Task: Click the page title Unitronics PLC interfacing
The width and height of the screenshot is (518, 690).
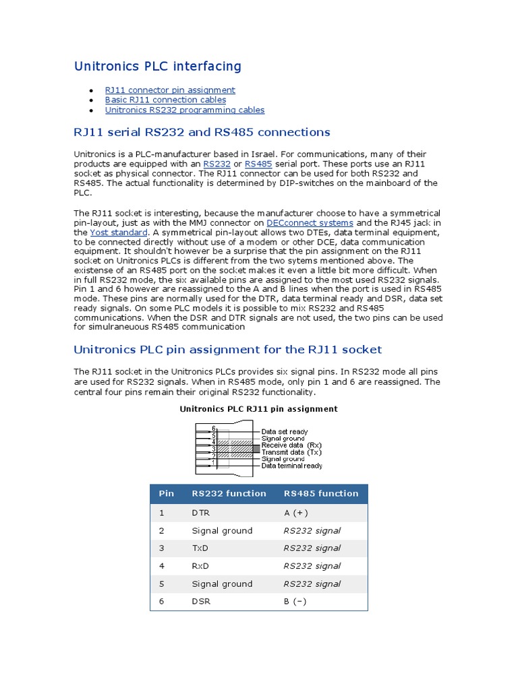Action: [x=157, y=66]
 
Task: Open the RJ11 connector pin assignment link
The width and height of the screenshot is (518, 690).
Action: [x=170, y=90]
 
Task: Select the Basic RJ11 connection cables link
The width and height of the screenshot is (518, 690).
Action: [x=165, y=100]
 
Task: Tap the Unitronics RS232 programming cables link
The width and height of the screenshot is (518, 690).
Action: [x=184, y=110]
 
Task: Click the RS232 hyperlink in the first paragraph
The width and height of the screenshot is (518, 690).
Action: [x=217, y=164]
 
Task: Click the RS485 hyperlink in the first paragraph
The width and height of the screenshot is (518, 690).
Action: [x=258, y=164]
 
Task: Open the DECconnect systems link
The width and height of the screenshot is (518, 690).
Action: [x=310, y=222]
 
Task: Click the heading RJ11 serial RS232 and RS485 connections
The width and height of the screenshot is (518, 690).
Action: [x=202, y=131]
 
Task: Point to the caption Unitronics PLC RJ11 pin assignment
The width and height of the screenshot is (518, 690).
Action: [x=258, y=409]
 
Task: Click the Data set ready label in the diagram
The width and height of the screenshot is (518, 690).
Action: [x=285, y=432]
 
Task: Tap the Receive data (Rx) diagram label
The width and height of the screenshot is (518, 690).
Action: [x=291, y=445]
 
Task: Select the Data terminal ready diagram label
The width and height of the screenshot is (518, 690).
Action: [x=291, y=466]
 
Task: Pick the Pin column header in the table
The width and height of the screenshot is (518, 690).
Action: [x=166, y=493]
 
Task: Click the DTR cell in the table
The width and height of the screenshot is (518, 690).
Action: [x=200, y=513]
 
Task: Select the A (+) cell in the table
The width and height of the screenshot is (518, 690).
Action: [x=296, y=513]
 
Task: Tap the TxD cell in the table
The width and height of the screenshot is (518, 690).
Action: [x=200, y=548]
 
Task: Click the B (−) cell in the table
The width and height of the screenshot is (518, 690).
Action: [x=295, y=601]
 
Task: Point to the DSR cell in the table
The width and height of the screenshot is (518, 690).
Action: [x=200, y=601]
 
